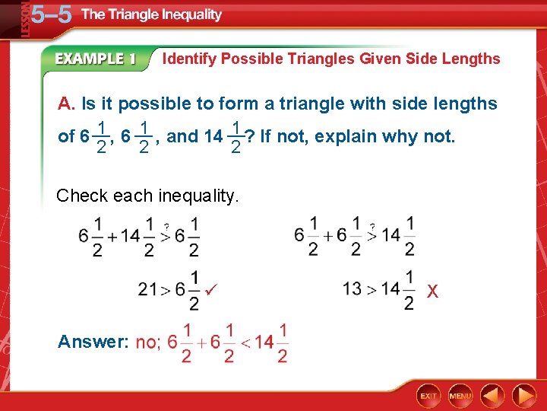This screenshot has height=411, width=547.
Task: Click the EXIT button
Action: coord(429,396)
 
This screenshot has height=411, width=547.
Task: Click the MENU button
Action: coord(460,396)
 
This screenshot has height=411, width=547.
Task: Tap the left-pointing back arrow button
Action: coord(492,396)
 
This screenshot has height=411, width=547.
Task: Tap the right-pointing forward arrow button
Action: coord(523,396)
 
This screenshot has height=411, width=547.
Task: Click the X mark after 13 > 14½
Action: coord(432,291)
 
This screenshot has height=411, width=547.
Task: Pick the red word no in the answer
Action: coord(147,342)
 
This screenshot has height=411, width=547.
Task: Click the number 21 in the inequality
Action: coord(148,289)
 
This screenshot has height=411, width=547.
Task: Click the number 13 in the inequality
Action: coord(352,289)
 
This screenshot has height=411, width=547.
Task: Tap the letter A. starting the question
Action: coord(67,104)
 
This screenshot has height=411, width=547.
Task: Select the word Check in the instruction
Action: coord(82,196)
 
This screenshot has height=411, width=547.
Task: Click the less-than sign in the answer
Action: coord(245,343)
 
